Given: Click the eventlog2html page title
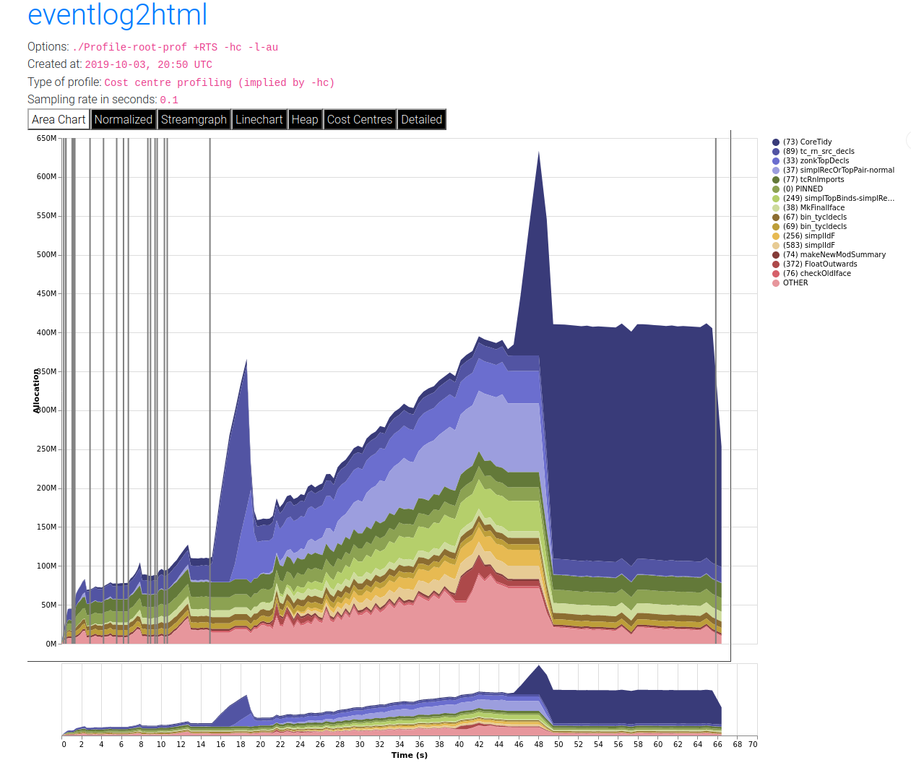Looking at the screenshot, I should (x=117, y=14).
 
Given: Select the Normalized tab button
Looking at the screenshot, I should (x=123, y=119).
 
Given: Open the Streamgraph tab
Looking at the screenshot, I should (x=194, y=119).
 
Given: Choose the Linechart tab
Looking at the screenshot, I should (x=259, y=119).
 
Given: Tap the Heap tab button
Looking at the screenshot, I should (x=305, y=119).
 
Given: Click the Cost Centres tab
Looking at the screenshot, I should (x=359, y=119).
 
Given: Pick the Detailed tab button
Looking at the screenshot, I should (x=421, y=119).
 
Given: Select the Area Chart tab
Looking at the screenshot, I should (x=59, y=119).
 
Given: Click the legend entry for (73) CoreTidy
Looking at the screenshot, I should (x=807, y=142).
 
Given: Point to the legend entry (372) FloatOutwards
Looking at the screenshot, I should (x=819, y=264).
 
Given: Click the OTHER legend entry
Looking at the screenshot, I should (x=795, y=283).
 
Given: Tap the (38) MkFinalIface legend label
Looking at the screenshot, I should (x=813, y=208).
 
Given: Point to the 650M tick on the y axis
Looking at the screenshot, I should (x=46, y=138).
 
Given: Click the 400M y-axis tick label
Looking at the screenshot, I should (x=46, y=332).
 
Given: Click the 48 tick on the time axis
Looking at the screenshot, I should (x=538, y=744).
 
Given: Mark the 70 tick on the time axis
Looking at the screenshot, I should (x=753, y=744).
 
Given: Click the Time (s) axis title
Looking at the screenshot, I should (x=410, y=755).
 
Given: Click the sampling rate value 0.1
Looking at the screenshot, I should (x=169, y=100).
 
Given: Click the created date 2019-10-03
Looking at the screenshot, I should (x=116, y=65).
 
